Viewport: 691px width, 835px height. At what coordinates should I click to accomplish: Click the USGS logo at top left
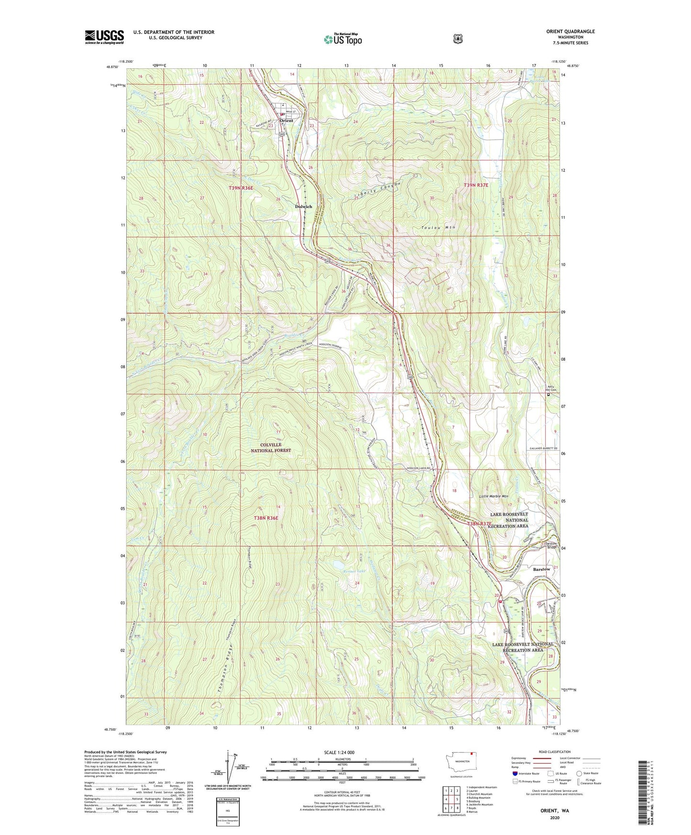104,37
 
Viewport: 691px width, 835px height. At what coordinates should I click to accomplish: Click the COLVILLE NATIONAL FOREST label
271,447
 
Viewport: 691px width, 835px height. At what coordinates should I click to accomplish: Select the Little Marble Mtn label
496,496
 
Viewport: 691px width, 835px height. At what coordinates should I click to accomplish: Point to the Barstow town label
541,570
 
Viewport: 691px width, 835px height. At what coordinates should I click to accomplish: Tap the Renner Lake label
354,571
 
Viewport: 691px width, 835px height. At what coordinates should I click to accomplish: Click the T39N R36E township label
241,188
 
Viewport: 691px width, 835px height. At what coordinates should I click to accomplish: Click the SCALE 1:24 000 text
342,752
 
